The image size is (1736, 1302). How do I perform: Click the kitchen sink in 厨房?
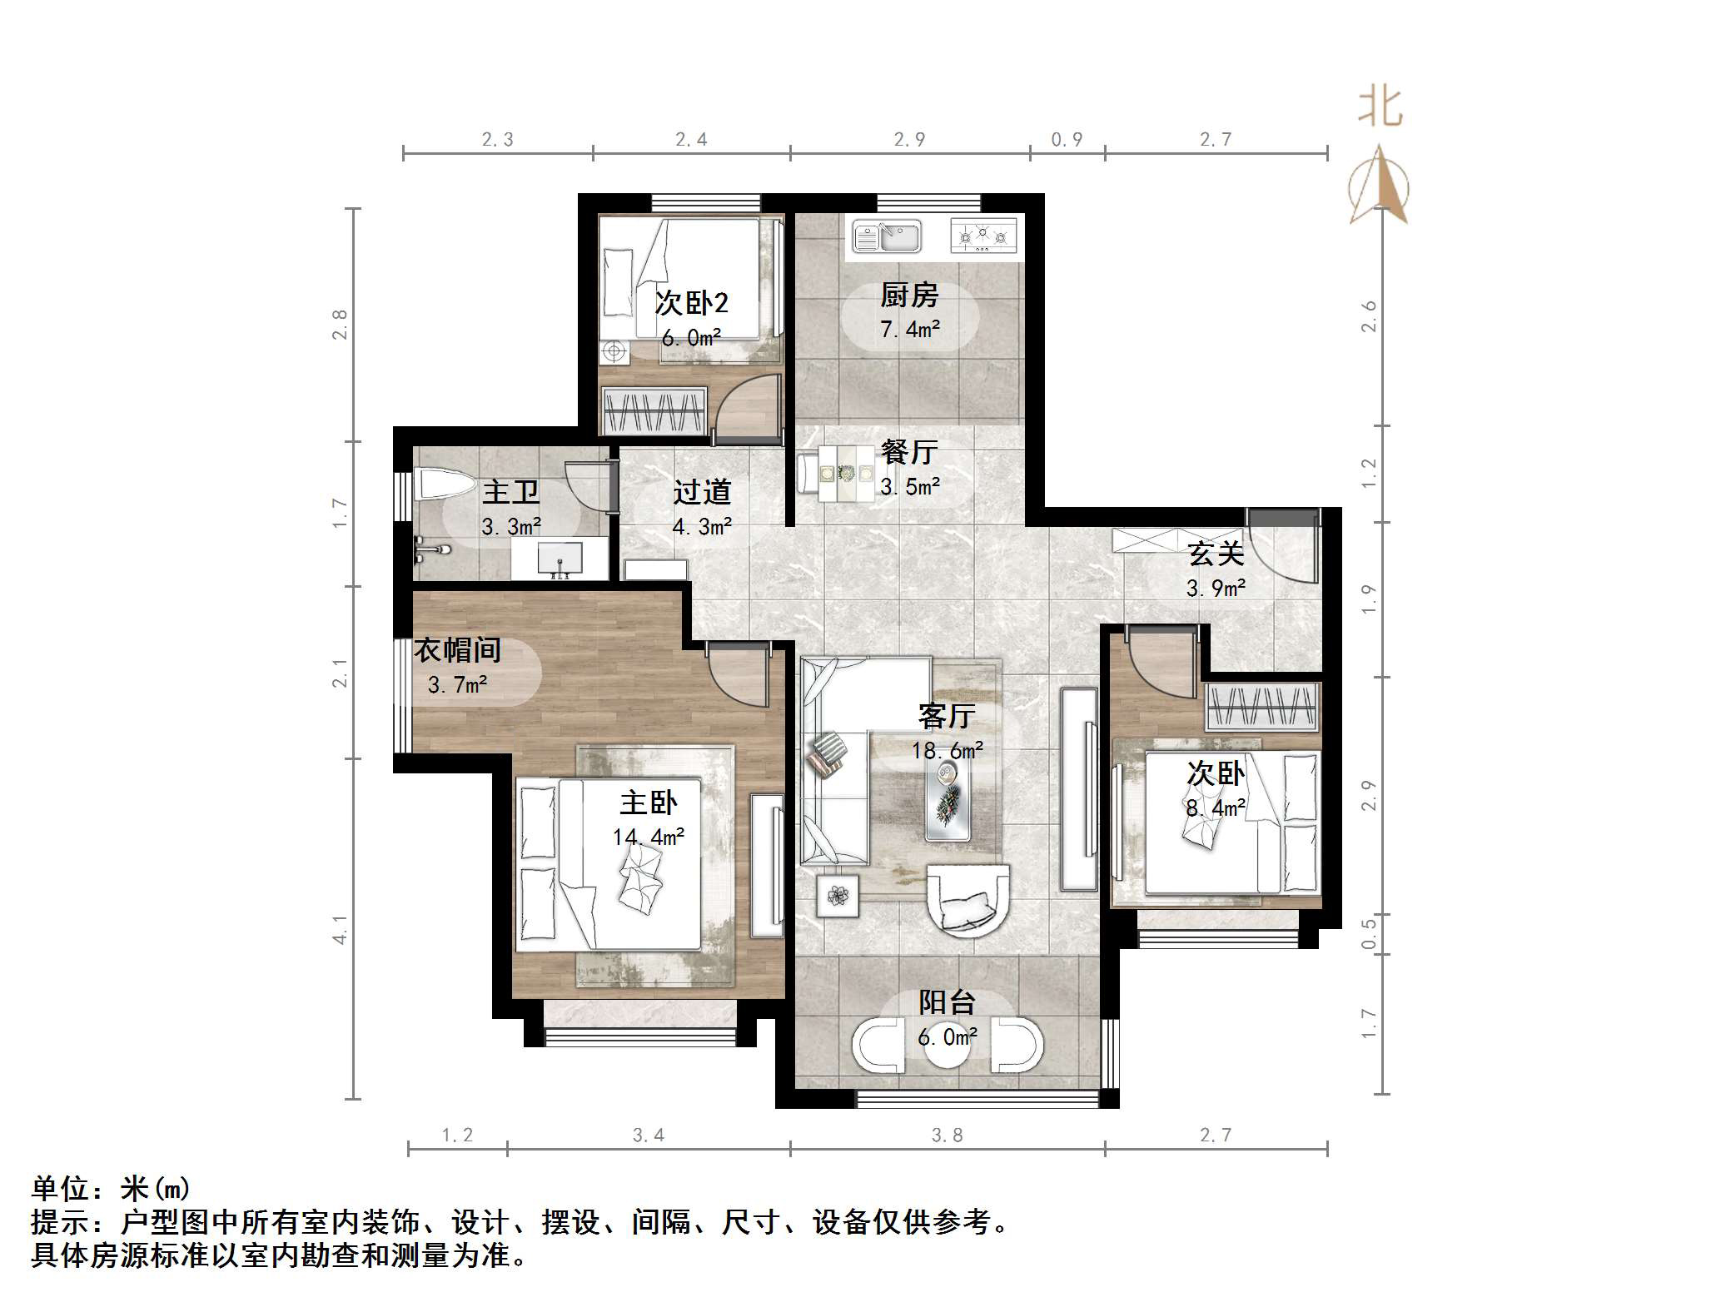coord(888,237)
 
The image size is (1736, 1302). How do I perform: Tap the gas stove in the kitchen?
coord(983,236)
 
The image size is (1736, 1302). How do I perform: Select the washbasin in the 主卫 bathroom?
coord(559,556)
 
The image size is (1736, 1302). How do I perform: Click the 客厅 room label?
coord(947,716)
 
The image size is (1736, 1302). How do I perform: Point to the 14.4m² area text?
coord(649,837)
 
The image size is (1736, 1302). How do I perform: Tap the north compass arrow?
coord(1380,187)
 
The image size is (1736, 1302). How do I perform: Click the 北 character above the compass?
coord(1380,108)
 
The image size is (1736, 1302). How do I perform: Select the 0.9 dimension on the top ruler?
coord(1067,140)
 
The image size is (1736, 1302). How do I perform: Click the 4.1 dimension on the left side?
coord(340,929)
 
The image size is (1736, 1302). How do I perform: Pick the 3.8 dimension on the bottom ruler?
coord(947,1136)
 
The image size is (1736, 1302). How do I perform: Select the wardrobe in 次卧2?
coord(654,411)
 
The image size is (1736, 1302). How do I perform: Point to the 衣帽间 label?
coord(457,650)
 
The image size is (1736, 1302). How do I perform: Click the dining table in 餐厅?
coord(845,474)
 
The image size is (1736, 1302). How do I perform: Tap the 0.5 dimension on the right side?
coord(1369,934)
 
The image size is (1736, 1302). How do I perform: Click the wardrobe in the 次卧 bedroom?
coord(1261,707)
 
